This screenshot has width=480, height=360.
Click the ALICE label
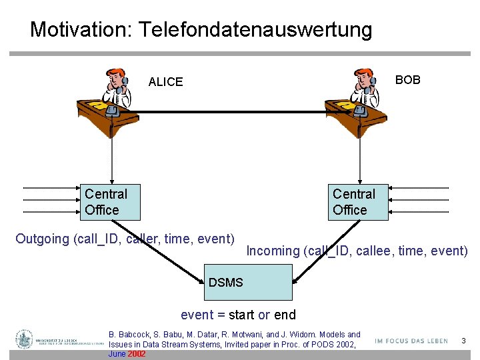(x=165, y=82)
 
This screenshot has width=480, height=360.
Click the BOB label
(x=407, y=79)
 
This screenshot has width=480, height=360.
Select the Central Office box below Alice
(x=112, y=202)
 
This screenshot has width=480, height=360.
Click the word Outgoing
(x=42, y=239)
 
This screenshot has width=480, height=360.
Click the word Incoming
(x=273, y=251)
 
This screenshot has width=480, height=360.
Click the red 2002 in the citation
(x=136, y=354)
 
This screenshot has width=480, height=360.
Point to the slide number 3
(x=463, y=341)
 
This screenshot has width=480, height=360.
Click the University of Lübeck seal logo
(x=25, y=339)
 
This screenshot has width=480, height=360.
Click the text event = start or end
(x=239, y=315)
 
